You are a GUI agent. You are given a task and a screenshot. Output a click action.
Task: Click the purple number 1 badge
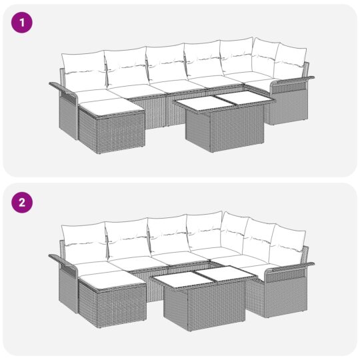point(23,23)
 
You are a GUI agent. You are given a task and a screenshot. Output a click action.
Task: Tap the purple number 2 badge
point(23,203)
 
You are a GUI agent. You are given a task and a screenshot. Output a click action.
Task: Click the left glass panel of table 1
point(198,103)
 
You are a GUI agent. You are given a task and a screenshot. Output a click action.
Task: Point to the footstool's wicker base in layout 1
point(113,132)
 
